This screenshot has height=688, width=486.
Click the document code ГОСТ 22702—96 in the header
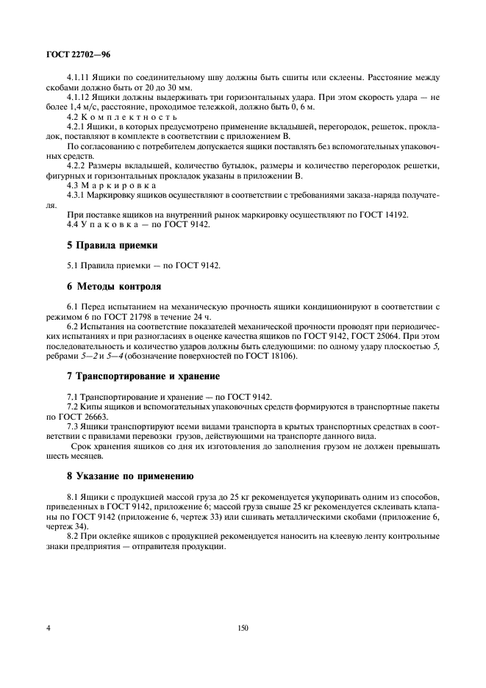(78, 54)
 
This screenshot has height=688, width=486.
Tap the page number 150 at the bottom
(243, 628)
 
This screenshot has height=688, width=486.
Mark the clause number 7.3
(73, 426)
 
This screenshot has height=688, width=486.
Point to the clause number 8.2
(73, 537)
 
